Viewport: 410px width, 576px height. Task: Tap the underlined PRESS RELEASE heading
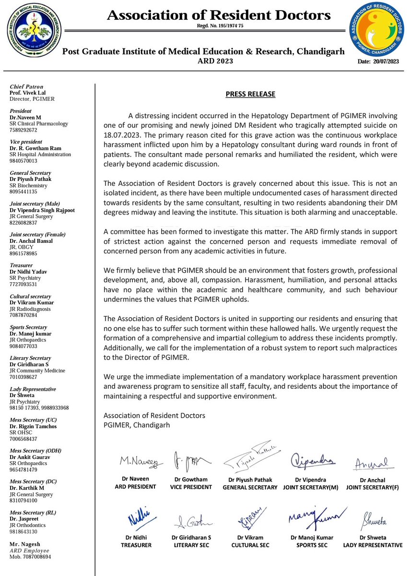pos(250,94)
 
